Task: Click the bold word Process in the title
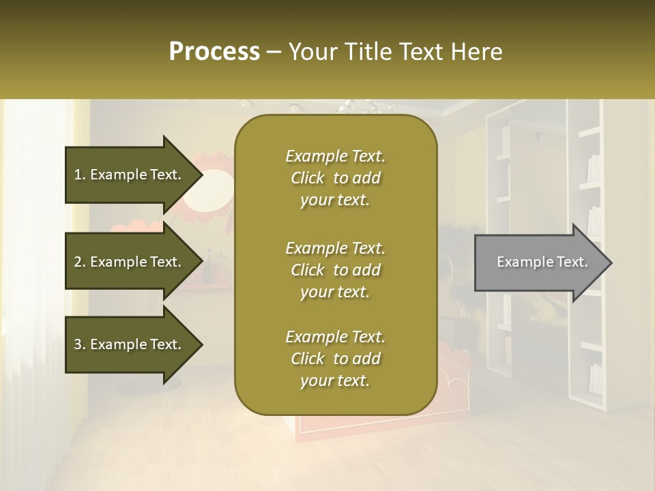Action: pos(214,52)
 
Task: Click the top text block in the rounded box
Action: pos(335,178)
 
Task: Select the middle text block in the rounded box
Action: pos(335,270)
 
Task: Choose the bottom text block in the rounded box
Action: pos(335,359)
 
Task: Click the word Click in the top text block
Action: pos(308,178)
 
